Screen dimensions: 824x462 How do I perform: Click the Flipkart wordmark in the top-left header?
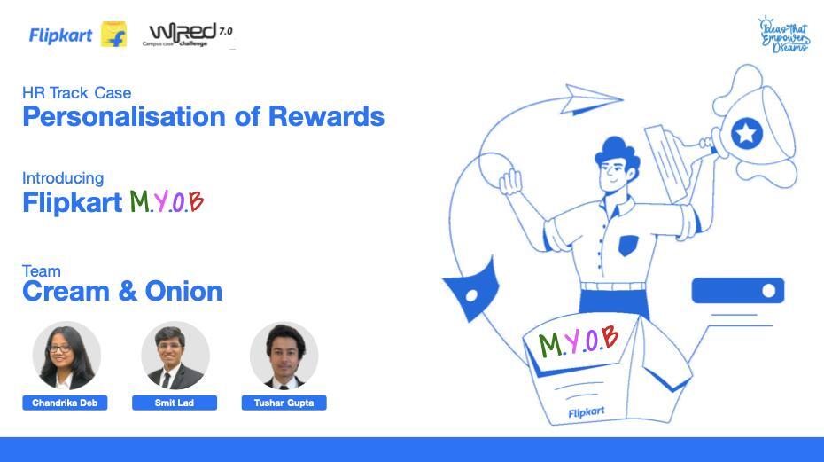click(x=60, y=35)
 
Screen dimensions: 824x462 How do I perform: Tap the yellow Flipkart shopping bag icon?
click(x=114, y=35)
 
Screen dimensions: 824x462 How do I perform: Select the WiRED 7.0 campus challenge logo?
click(x=188, y=35)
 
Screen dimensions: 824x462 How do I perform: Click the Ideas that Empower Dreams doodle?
click(x=784, y=35)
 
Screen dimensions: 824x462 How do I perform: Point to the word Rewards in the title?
click(x=326, y=116)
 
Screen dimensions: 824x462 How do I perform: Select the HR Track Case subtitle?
click(x=77, y=92)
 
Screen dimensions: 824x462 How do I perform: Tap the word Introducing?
click(x=63, y=178)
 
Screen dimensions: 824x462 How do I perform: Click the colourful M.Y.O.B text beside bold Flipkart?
click(x=167, y=201)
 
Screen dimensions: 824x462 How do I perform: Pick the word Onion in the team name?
click(x=183, y=291)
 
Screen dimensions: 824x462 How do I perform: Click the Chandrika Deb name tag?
click(x=65, y=403)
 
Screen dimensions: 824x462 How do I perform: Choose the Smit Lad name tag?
click(x=175, y=403)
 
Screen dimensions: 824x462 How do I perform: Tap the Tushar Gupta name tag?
click(x=284, y=403)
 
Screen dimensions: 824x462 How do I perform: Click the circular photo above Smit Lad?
click(x=175, y=356)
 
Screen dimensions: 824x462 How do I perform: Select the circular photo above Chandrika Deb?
click(x=66, y=356)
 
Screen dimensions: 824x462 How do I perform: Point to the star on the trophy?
click(x=746, y=133)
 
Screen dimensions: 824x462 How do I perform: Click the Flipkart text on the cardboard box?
click(x=587, y=412)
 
